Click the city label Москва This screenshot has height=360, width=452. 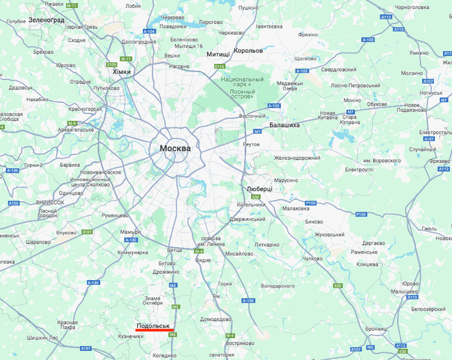coord(175,148)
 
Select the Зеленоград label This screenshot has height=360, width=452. coord(46,20)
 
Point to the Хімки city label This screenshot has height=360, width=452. coord(122,72)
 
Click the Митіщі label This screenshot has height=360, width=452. coord(218,54)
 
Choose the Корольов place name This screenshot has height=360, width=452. coord(248,50)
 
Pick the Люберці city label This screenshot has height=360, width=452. coord(259,189)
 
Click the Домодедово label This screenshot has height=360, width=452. coord(216,319)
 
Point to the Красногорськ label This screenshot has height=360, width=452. coord(86,109)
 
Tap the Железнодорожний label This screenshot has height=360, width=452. coord(297,158)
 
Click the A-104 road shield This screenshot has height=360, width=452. coord(149,31)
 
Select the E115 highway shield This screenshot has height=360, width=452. coord(221,66)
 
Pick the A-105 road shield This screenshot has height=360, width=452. coord(247,300)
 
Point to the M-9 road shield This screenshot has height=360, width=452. coord(72,123)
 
